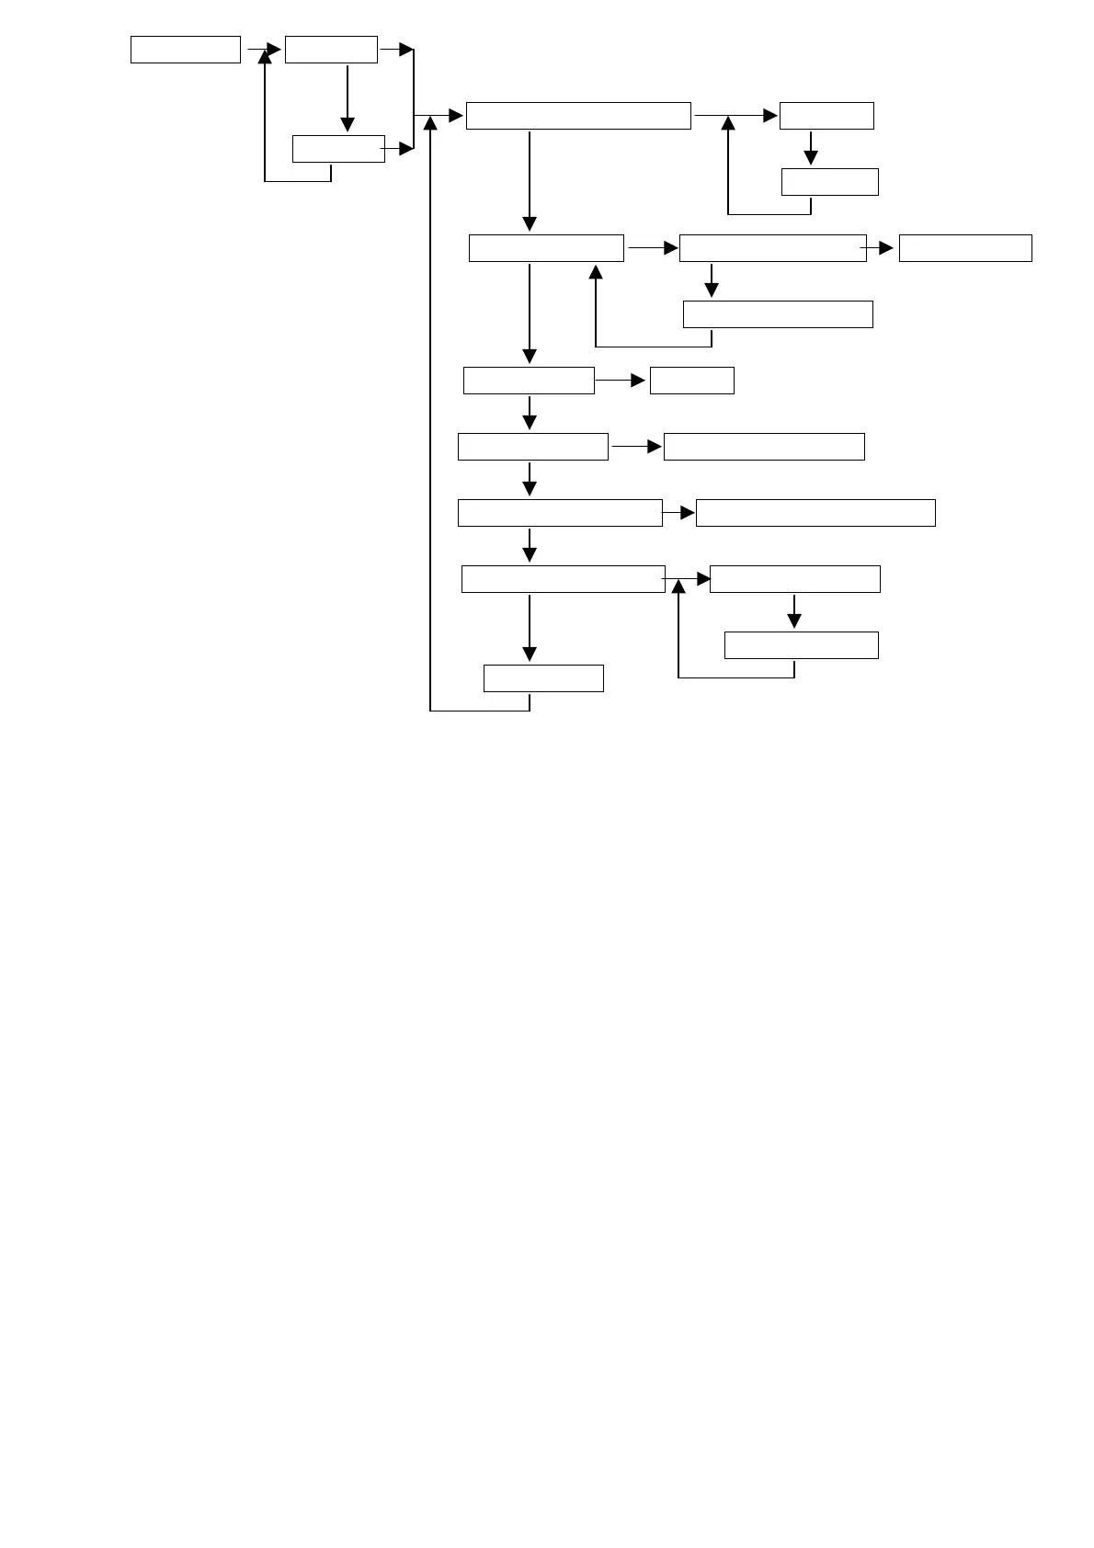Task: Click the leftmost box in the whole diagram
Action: pyautogui.click(x=185, y=50)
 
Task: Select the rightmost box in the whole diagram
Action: pyautogui.click(x=965, y=248)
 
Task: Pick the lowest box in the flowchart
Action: pyautogui.click(x=543, y=678)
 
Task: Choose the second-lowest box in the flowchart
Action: pyautogui.click(x=801, y=645)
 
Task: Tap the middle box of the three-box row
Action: pyautogui.click(x=772, y=248)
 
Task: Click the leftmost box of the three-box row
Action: pyautogui.click(x=546, y=248)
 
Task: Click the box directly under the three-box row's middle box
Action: pyautogui.click(x=778, y=314)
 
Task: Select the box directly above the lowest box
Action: pyautogui.click(x=563, y=579)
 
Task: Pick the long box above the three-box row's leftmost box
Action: pyautogui.click(x=578, y=116)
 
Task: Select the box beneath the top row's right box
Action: pyautogui.click(x=338, y=149)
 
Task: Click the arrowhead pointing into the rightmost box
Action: pyautogui.click(x=885, y=248)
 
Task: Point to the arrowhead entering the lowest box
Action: pyautogui.click(x=530, y=654)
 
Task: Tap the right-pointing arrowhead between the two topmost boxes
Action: pyautogui.click(x=273, y=50)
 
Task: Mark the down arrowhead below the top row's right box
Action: pyautogui.click(x=348, y=125)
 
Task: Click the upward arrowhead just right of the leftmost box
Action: pyautogui.click(x=265, y=57)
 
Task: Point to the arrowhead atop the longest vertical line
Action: pyautogui.click(x=430, y=125)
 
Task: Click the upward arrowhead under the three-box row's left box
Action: pyautogui.click(x=596, y=272)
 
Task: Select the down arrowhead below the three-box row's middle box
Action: pyautogui.click(x=712, y=290)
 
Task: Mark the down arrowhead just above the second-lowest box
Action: pyautogui.click(x=794, y=621)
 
